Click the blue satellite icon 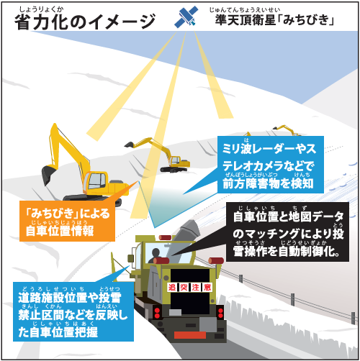(186, 17)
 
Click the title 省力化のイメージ (85, 22)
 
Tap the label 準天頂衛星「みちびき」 (274, 19)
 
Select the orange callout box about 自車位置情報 (67, 221)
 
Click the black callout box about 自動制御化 (287, 232)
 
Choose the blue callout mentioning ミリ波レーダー (271, 165)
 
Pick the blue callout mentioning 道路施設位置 (73, 311)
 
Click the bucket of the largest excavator (48, 175)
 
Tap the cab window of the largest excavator (97, 180)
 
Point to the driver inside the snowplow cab (155, 255)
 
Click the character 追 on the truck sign (172, 287)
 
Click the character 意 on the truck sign (207, 287)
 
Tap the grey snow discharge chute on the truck (185, 237)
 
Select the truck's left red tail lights (157, 313)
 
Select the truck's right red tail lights (220, 313)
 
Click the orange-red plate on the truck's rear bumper (190, 334)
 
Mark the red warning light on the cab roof (165, 237)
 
